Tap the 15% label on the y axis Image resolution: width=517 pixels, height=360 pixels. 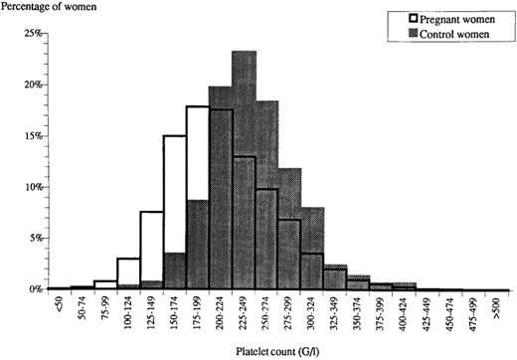[x=32, y=136]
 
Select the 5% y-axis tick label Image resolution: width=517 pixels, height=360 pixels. [x=34, y=239]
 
